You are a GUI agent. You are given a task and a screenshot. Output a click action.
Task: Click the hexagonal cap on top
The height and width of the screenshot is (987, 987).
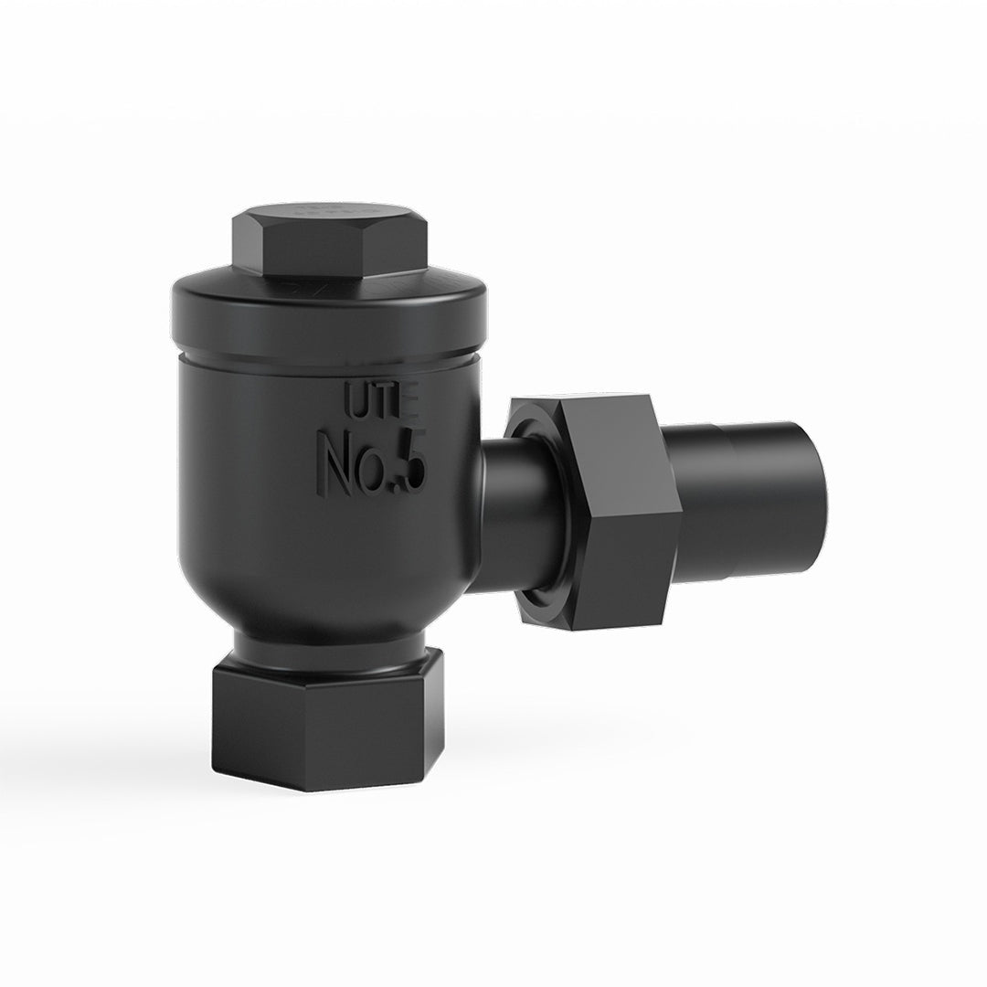pos(330,242)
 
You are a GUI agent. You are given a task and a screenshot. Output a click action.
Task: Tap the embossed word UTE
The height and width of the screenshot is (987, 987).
pos(381,399)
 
